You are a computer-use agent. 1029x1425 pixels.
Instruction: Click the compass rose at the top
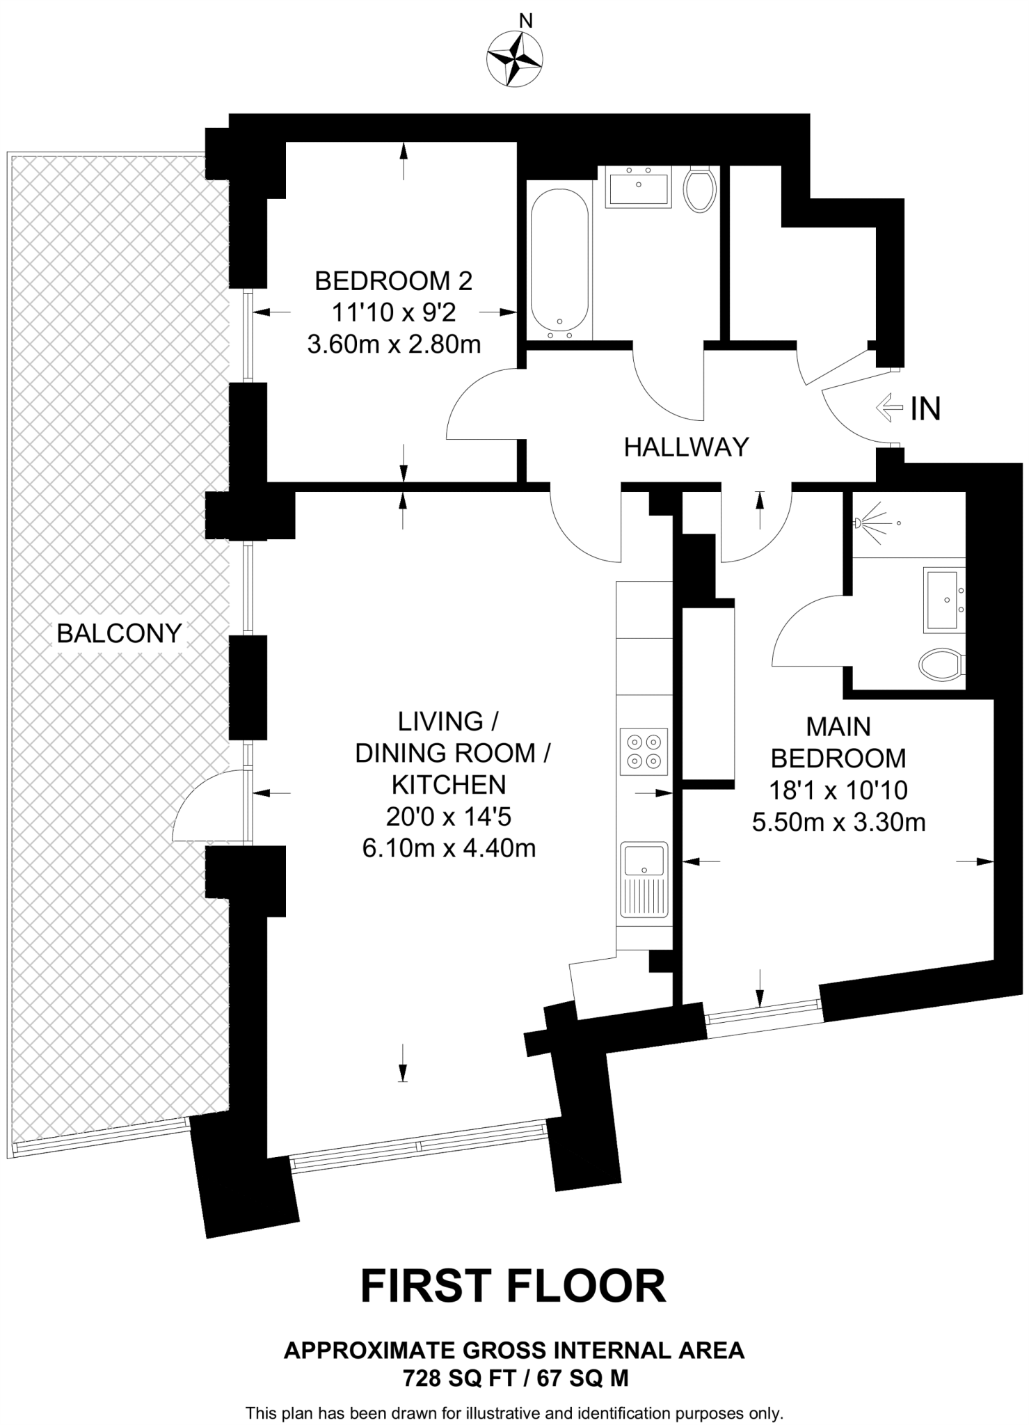pos(516,59)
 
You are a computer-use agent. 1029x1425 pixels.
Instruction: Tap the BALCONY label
pos(119,633)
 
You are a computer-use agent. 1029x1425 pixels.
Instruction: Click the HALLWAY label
pos(686,447)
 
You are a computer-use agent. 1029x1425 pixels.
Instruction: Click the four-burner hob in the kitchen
pos(644,751)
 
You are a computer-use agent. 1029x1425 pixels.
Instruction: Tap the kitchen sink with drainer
pos(644,879)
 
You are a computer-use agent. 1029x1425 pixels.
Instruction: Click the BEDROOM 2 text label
pos(393,281)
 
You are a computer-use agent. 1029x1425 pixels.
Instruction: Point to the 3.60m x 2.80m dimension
pos(394,344)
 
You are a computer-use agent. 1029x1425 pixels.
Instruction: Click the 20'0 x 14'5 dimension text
pos(449,817)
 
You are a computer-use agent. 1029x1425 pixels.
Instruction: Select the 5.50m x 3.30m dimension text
pos(838,822)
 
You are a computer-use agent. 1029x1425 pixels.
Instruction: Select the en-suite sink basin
pos(944,600)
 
